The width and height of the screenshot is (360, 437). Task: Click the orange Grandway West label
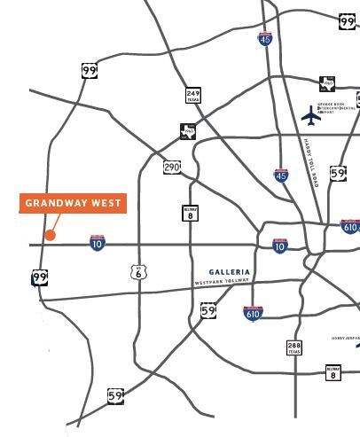coord(73,203)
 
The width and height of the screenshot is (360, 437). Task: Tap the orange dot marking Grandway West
coord(51,235)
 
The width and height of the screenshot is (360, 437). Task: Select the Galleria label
coord(230,272)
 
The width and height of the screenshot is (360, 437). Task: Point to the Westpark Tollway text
coord(223,283)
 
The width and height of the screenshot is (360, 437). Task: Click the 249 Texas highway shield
coord(193,96)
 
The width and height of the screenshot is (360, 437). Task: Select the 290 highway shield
coord(172,167)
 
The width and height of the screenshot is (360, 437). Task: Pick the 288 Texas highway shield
coord(293,347)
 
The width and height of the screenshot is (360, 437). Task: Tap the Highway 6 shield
coord(139,272)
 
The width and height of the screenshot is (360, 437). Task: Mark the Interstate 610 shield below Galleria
coord(253,313)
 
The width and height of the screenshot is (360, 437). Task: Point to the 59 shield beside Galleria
coord(208,310)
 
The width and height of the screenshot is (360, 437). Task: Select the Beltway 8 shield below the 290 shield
coord(189,213)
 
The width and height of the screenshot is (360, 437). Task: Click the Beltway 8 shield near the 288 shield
coord(333,373)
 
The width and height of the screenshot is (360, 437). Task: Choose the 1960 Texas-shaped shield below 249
coord(187,131)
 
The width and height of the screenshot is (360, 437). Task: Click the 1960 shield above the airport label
coord(328,84)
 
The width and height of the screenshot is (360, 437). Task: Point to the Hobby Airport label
coord(346,339)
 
